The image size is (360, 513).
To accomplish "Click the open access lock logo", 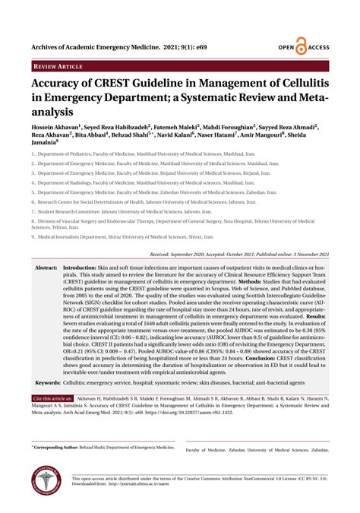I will (x=300, y=47).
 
